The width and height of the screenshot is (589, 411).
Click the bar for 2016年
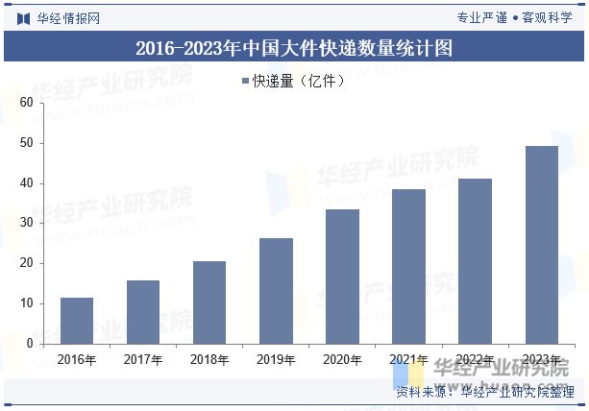[77, 320]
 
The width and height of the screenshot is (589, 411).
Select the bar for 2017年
[143, 311]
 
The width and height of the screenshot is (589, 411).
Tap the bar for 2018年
[209, 302]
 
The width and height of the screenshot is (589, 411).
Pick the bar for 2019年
[276, 290]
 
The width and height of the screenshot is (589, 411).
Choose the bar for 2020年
[342, 276]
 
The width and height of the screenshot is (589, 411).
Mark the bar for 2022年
[475, 260]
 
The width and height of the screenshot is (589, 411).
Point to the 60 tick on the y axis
[26, 103]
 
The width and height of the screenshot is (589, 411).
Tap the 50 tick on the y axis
[26, 143]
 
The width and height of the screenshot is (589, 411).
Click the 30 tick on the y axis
[26, 223]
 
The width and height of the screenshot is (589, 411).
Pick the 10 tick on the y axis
[26, 303]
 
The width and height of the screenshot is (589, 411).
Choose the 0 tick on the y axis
[29, 343]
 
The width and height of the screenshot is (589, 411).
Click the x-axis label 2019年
[276, 360]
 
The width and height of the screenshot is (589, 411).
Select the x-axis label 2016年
[77, 360]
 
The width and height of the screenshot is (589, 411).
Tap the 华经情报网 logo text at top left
[65, 17]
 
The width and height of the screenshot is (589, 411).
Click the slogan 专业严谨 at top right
[481, 17]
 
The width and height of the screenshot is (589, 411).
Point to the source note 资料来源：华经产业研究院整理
[485, 392]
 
